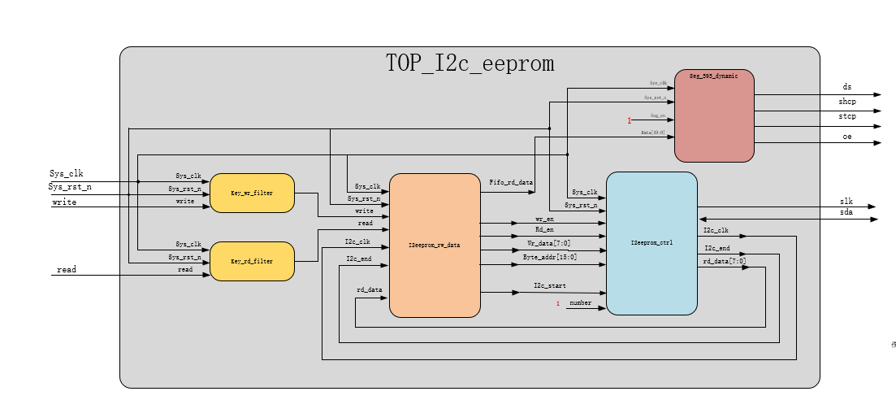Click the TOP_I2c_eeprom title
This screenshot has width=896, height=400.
[470, 63]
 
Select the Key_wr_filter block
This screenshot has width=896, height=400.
[252, 193]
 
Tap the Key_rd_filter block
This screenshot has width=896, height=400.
[252, 261]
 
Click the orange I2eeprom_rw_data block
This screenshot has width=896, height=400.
[435, 245]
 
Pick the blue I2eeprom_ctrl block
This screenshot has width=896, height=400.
[651, 243]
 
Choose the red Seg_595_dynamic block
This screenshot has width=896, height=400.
[714, 115]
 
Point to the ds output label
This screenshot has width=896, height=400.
[847, 86]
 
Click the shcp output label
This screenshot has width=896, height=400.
[847, 102]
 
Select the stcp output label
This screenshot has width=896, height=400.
[847, 117]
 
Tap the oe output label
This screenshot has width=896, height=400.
[847, 137]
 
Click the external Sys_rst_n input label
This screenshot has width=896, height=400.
[70, 187]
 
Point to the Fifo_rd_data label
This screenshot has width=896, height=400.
[511, 183]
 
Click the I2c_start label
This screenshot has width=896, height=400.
[550, 285]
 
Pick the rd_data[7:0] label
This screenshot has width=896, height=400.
[725, 261]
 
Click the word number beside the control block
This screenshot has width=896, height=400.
[580, 302]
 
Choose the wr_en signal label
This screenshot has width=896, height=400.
[544, 220]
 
